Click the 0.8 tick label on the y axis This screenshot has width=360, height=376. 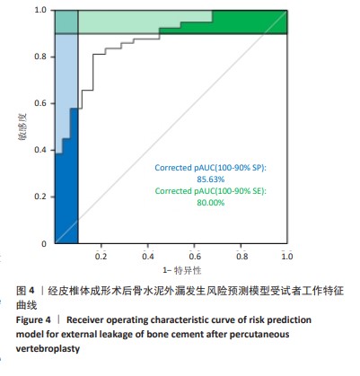(40, 57)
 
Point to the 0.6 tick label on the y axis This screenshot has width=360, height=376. (40, 103)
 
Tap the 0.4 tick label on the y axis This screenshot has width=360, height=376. (40, 150)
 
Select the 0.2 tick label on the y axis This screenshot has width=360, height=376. (40, 197)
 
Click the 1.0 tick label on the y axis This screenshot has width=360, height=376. (40, 10)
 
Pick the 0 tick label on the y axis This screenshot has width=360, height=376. (44, 243)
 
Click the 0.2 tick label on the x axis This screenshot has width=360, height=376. (101, 257)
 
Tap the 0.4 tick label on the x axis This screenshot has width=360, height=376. (148, 257)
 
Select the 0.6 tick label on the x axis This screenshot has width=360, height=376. (195, 257)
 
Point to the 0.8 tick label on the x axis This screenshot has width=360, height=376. (241, 257)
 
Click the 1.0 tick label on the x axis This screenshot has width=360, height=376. (286, 257)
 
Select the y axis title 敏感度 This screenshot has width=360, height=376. (22, 127)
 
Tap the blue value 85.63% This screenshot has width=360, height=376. (210, 179)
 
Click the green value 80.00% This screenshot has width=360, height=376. (210, 203)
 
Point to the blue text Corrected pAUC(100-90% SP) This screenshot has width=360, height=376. (210, 168)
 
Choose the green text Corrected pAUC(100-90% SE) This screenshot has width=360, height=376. (210, 191)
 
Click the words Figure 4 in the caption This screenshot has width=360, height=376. (33, 319)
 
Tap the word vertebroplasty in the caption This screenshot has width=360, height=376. (48, 349)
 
